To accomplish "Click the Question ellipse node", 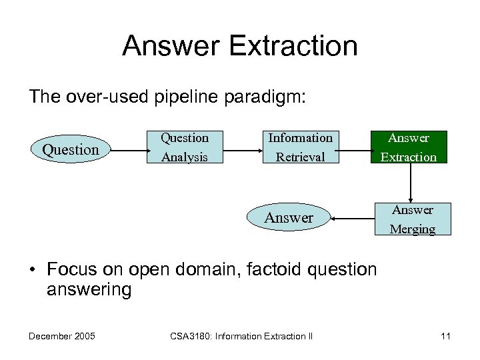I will coord(70,149).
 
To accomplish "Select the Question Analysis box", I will coord(185,147).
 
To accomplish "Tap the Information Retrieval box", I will coord(300,147).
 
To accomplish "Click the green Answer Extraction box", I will coord(409,147).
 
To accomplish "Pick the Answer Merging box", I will coord(412,219).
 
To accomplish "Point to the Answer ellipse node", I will coord(289,217).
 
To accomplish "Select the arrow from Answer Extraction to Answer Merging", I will coord(411,183).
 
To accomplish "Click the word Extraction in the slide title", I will coord(297,46).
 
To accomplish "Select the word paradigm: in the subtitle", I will coord(264,97).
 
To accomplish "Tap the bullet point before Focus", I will coord(33,270).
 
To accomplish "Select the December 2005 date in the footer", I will coord(61,336).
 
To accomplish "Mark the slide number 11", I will coord(445,336).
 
